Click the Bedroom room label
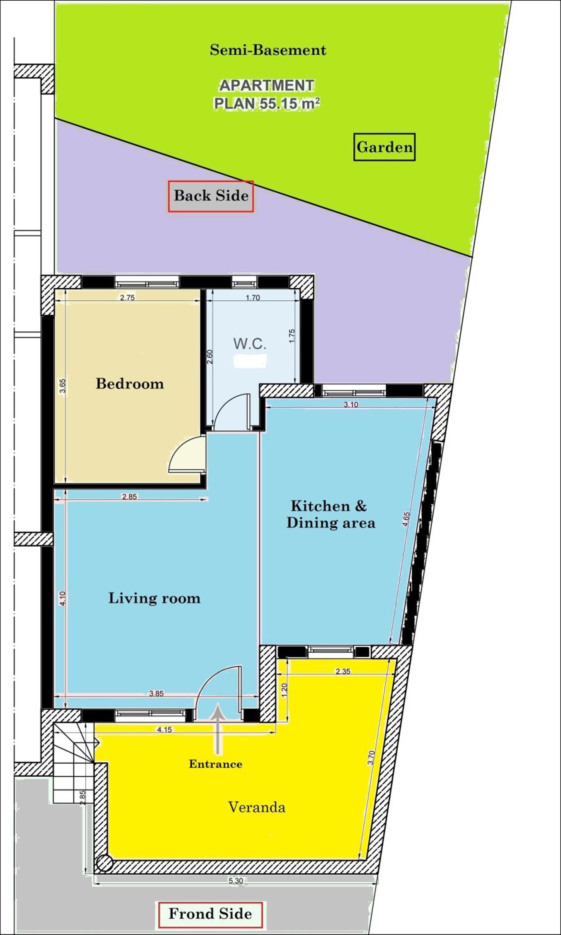coord(130,384)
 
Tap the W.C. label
coord(250,343)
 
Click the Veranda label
coord(257,808)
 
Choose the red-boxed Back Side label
coord(211,196)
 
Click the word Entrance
coord(215,764)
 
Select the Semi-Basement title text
coord(268,50)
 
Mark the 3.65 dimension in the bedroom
coord(63,386)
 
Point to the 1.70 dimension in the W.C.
coord(253,297)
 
